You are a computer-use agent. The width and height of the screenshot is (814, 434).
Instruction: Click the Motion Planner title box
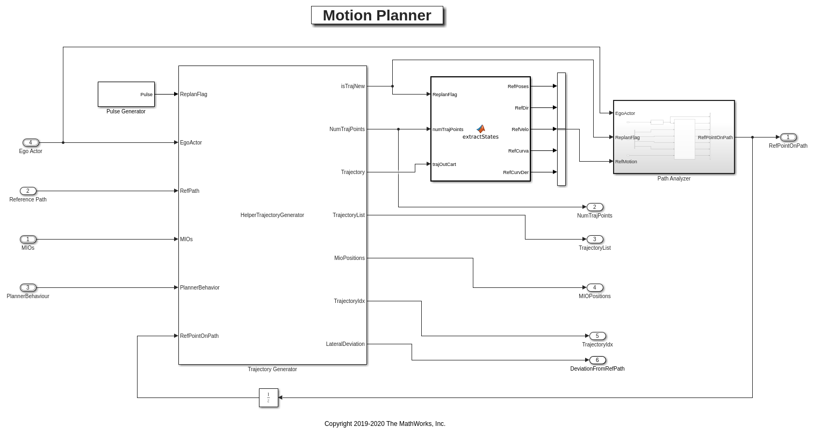coord(377,16)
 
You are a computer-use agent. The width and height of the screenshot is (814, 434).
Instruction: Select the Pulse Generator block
coord(126,95)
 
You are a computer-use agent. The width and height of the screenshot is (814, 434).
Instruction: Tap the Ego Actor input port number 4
coord(31,142)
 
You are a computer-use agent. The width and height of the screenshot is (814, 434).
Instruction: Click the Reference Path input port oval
coord(28,191)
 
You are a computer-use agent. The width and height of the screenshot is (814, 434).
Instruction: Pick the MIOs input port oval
coord(28,239)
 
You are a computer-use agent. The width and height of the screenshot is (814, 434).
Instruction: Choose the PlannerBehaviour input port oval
coord(28,287)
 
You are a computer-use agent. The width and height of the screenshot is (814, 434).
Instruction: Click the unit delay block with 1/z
coord(269,397)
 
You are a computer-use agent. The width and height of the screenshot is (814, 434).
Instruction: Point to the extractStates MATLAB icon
coord(480,129)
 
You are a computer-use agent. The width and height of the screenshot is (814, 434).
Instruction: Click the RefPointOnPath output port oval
coord(788,137)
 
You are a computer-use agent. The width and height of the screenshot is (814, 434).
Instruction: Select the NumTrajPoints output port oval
coord(595,207)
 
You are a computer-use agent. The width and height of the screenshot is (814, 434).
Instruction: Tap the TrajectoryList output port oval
coord(595,239)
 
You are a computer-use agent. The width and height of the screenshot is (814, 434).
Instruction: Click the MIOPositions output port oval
coord(595,287)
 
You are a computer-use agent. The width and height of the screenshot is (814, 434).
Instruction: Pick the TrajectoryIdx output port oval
coord(597,336)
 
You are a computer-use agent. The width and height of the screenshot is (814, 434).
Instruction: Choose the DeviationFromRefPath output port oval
coord(597,360)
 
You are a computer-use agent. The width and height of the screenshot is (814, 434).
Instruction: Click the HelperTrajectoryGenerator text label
coord(272,215)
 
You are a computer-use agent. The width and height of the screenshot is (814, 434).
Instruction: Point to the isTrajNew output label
coord(352,86)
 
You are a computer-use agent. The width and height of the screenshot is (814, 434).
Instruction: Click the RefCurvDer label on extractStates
coord(516,172)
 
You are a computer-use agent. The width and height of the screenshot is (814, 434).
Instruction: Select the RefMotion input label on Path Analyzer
coord(626,162)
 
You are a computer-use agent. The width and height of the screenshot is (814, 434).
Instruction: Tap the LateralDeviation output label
coord(345,344)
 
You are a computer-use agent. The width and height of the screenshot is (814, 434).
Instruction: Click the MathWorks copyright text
coord(385,424)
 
